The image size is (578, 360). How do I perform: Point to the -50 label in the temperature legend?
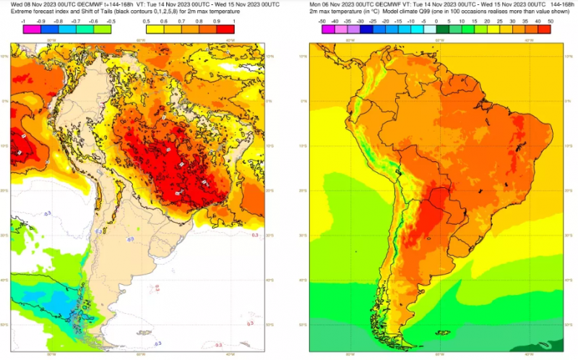point(322,22)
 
